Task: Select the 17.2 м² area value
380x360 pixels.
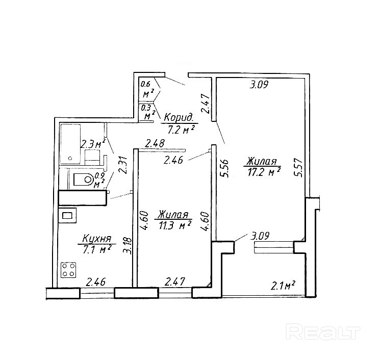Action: coord(263,172)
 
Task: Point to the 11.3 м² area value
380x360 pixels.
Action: coord(174,224)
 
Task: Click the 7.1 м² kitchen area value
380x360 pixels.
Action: coord(97,249)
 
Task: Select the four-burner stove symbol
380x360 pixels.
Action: coord(69,270)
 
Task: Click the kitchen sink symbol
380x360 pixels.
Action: coord(68,216)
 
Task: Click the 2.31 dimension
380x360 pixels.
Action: coord(121,165)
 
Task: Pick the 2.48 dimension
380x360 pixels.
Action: coord(155,144)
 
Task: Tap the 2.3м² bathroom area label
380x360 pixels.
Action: coord(92,144)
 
